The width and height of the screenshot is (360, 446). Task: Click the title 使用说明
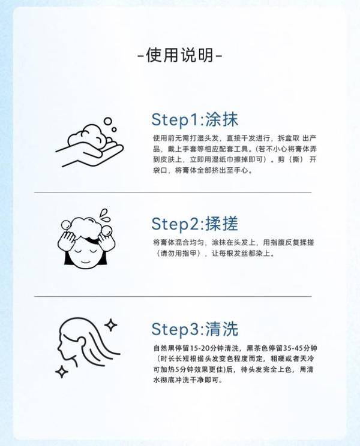(180, 55)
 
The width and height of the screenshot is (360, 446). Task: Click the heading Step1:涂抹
(194, 119)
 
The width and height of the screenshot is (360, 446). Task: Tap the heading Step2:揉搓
(194, 224)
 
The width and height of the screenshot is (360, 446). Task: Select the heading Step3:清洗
(194, 329)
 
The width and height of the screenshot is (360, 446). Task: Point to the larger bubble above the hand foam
(108, 121)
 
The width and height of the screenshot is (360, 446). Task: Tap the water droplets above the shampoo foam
(105, 215)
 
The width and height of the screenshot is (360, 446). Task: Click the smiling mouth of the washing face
(85, 261)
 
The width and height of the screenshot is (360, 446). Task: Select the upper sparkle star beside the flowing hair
(111, 325)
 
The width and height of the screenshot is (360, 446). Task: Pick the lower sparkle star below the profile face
(62, 371)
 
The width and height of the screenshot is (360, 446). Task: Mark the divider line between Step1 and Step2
(173, 192)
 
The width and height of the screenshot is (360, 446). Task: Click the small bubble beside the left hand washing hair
(65, 225)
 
